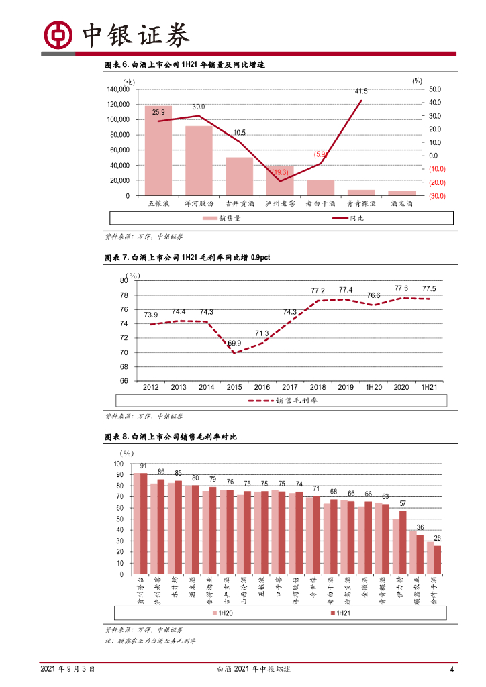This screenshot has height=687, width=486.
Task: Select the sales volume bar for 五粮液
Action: (x=158, y=150)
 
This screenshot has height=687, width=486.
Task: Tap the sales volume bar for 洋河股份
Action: (x=199, y=160)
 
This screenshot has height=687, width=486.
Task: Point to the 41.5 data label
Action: (x=361, y=91)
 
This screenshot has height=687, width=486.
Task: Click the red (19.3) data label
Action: (x=279, y=172)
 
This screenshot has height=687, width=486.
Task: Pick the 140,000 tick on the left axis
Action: (x=118, y=89)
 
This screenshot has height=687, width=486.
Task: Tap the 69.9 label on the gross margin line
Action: (x=235, y=343)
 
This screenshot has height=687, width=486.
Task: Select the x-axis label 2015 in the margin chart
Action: (x=234, y=388)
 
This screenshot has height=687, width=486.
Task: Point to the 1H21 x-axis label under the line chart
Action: (x=429, y=388)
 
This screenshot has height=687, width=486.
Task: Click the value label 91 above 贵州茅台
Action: (x=143, y=466)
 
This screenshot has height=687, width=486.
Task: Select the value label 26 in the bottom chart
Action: (x=438, y=539)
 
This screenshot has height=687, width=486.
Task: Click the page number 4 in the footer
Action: (x=452, y=669)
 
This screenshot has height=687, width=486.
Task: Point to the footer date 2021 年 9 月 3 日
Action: (x=68, y=669)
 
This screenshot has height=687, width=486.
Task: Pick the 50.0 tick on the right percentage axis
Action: (x=434, y=89)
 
